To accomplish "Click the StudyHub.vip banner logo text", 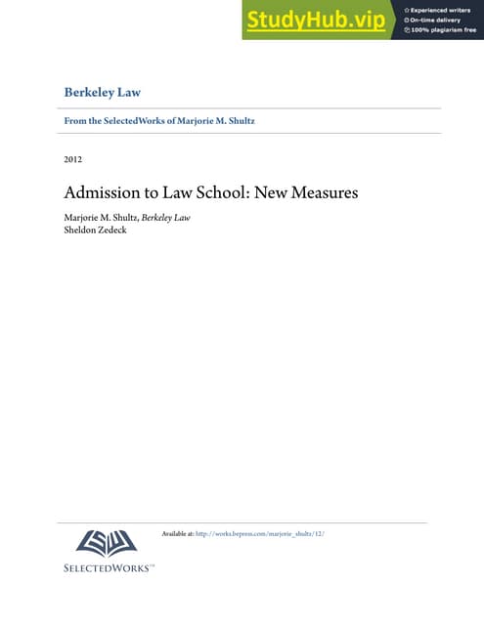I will (x=316, y=20).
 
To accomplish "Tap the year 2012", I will (x=72, y=159).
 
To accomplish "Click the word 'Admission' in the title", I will (x=104, y=192).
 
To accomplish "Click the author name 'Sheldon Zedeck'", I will (x=96, y=230).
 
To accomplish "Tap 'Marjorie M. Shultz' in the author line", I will (x=100, y=217).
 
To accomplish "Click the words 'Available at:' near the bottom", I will (x=177, y=533).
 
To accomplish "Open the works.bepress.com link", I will (x=259, y=533).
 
